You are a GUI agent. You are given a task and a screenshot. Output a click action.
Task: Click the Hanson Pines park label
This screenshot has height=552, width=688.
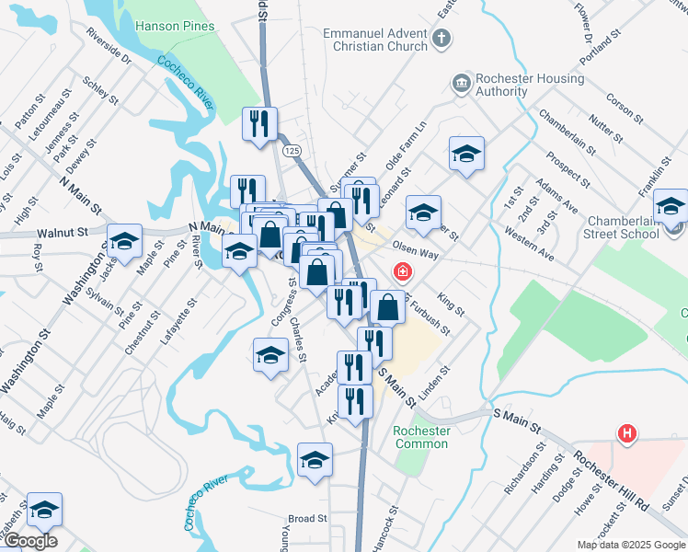[175, 26]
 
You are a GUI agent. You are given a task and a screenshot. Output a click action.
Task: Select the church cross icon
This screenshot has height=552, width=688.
[442, 39]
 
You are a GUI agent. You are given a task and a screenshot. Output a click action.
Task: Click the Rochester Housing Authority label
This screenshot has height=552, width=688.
[529, 86]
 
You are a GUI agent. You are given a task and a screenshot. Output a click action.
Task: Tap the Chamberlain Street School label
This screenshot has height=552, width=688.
[636, 226]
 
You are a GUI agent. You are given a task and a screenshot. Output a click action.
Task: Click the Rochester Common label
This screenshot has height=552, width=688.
[421, 437]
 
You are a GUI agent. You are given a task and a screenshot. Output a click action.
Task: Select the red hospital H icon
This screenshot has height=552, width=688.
[627, 432]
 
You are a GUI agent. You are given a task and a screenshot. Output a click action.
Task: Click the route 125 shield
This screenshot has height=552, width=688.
[292, 150]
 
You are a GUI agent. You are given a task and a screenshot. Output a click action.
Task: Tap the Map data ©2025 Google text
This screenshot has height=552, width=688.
[630, 545]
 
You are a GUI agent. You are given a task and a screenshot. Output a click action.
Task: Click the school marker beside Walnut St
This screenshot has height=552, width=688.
[124, 243]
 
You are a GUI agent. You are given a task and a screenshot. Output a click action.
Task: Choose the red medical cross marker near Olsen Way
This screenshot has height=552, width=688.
[402, 271]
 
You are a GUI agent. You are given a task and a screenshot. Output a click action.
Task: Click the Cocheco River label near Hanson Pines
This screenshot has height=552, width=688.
[186, 82]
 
